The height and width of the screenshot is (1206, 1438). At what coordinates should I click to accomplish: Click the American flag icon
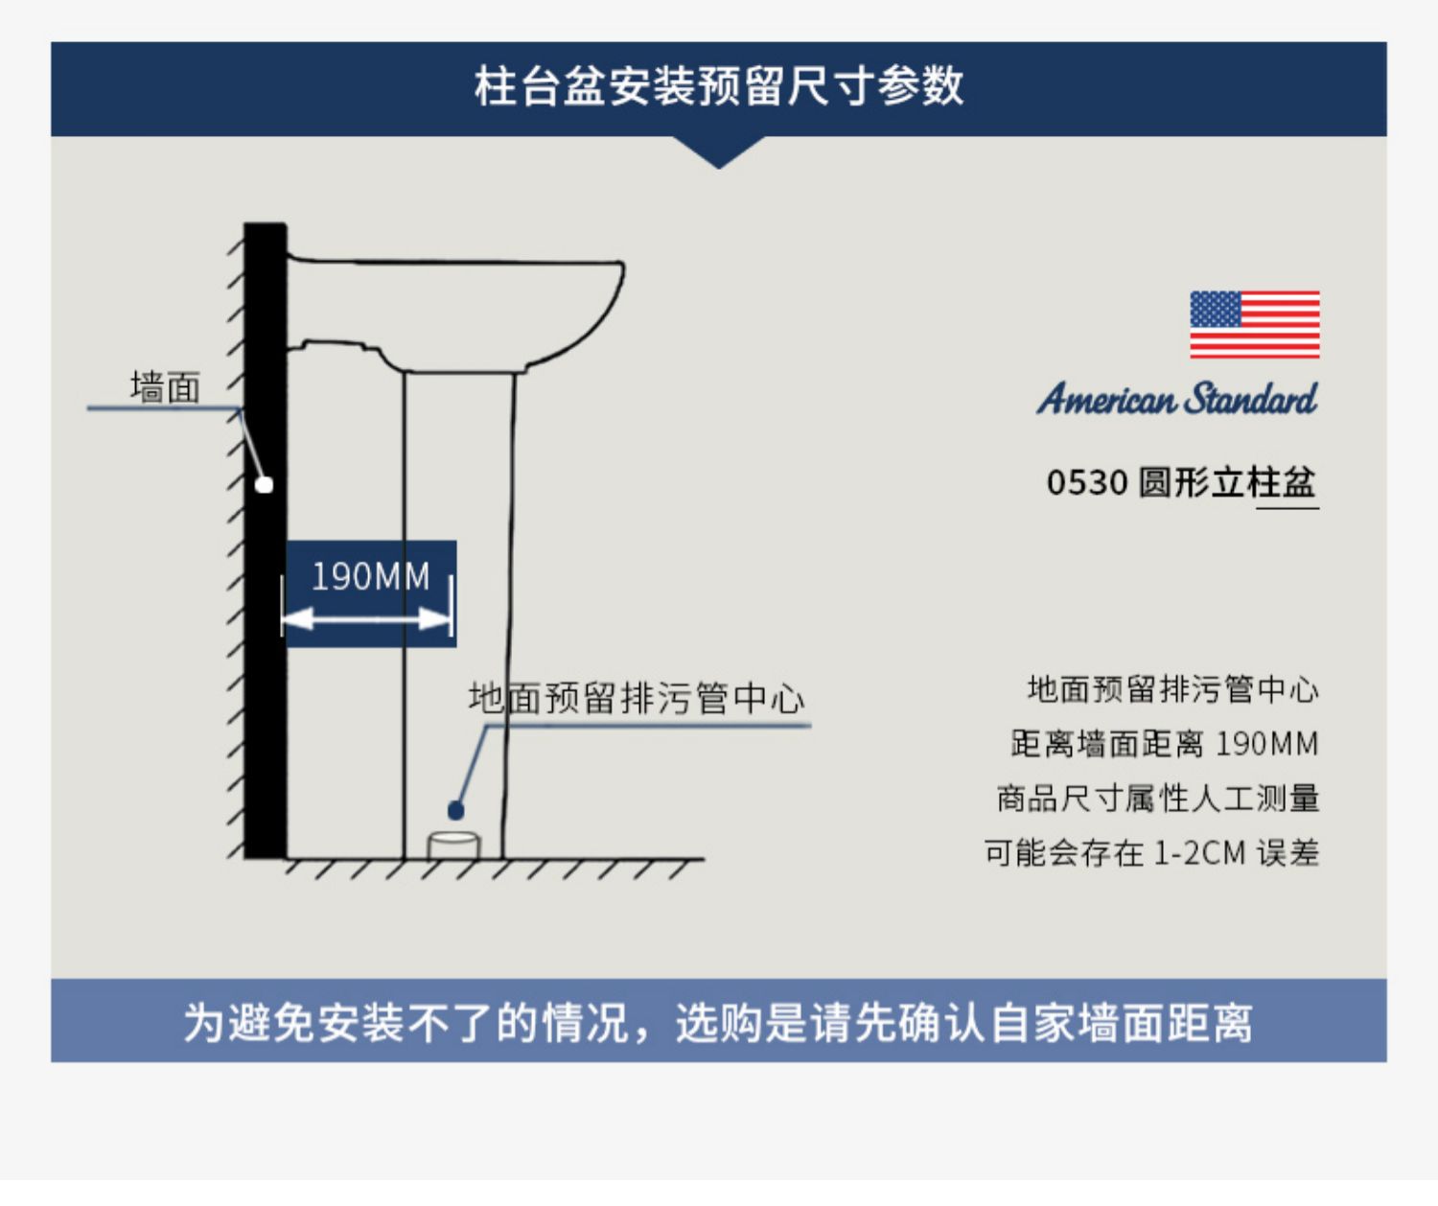tap(1254, 325)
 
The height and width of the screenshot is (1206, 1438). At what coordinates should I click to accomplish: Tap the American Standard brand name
tap(1177, 399)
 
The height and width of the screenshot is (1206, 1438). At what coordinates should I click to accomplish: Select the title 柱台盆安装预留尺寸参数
tap(718, 86)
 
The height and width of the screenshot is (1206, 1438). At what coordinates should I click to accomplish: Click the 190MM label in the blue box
tap(370, 577)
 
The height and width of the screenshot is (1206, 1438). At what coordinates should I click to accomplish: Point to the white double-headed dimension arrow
tap(367, 618)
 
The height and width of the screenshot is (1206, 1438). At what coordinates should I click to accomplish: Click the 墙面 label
tap(165, 388)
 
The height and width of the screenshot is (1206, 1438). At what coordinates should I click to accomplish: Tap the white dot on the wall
tap(265, 485)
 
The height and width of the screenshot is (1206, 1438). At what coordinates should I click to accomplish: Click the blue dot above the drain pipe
tap(456, 811)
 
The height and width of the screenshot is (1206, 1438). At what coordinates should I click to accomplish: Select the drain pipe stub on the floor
tap(453, 846)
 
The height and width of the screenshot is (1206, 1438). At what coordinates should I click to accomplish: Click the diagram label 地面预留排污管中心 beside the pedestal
tap(636, 699)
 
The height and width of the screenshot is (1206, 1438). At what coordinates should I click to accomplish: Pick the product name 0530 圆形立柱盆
tap(1180, 482)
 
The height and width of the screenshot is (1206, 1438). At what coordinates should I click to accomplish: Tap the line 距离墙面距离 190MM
tap(1164, 744)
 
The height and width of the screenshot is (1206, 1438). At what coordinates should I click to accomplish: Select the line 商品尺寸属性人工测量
tap(1158, 799)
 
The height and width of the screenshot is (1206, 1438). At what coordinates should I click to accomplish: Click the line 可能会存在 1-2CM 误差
tap(1151, 852)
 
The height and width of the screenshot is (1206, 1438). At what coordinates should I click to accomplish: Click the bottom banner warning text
tap(718, 1022)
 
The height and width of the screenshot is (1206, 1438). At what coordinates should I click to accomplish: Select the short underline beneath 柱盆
tap(1287, 506)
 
